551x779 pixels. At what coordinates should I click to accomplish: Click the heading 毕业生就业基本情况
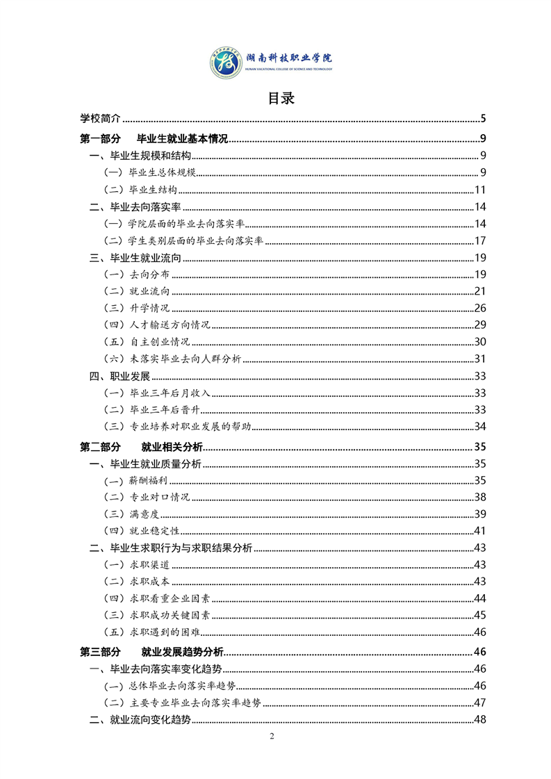[183, 138]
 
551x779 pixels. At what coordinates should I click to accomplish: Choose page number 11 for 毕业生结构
[480, 190]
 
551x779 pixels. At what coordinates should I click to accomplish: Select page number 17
[480, 241]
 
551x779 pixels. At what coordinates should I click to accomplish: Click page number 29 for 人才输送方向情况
[480, 325]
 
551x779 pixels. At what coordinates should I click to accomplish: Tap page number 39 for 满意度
[480, 514]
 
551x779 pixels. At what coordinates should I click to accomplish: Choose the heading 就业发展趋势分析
[182, 653]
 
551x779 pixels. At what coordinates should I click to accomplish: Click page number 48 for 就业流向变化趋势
[480, 720]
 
